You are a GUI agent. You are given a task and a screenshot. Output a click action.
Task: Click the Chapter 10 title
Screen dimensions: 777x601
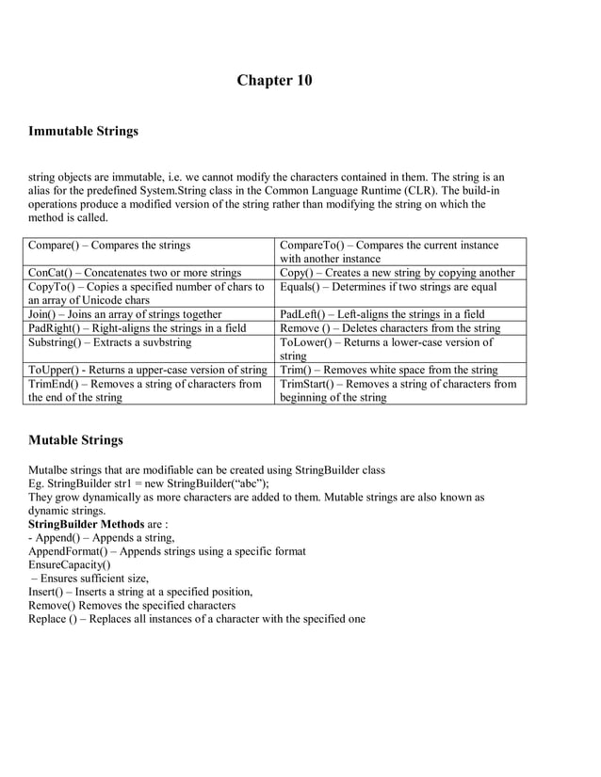click(x=274, y=80)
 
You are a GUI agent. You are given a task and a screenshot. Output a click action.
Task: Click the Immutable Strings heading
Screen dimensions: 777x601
click(x=84, y=131)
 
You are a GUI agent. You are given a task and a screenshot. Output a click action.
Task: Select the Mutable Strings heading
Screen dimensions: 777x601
click(x=75, y=439)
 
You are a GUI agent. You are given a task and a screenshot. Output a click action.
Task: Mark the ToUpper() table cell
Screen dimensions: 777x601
click(x=148, y=370)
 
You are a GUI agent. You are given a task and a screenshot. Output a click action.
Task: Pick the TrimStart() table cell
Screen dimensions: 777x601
click(x=398, y=390)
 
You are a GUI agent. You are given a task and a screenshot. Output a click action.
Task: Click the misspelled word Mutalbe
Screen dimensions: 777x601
click(x=51, y=469)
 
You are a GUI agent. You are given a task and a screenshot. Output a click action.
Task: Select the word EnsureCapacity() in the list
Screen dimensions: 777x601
click(x=69, y=564)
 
